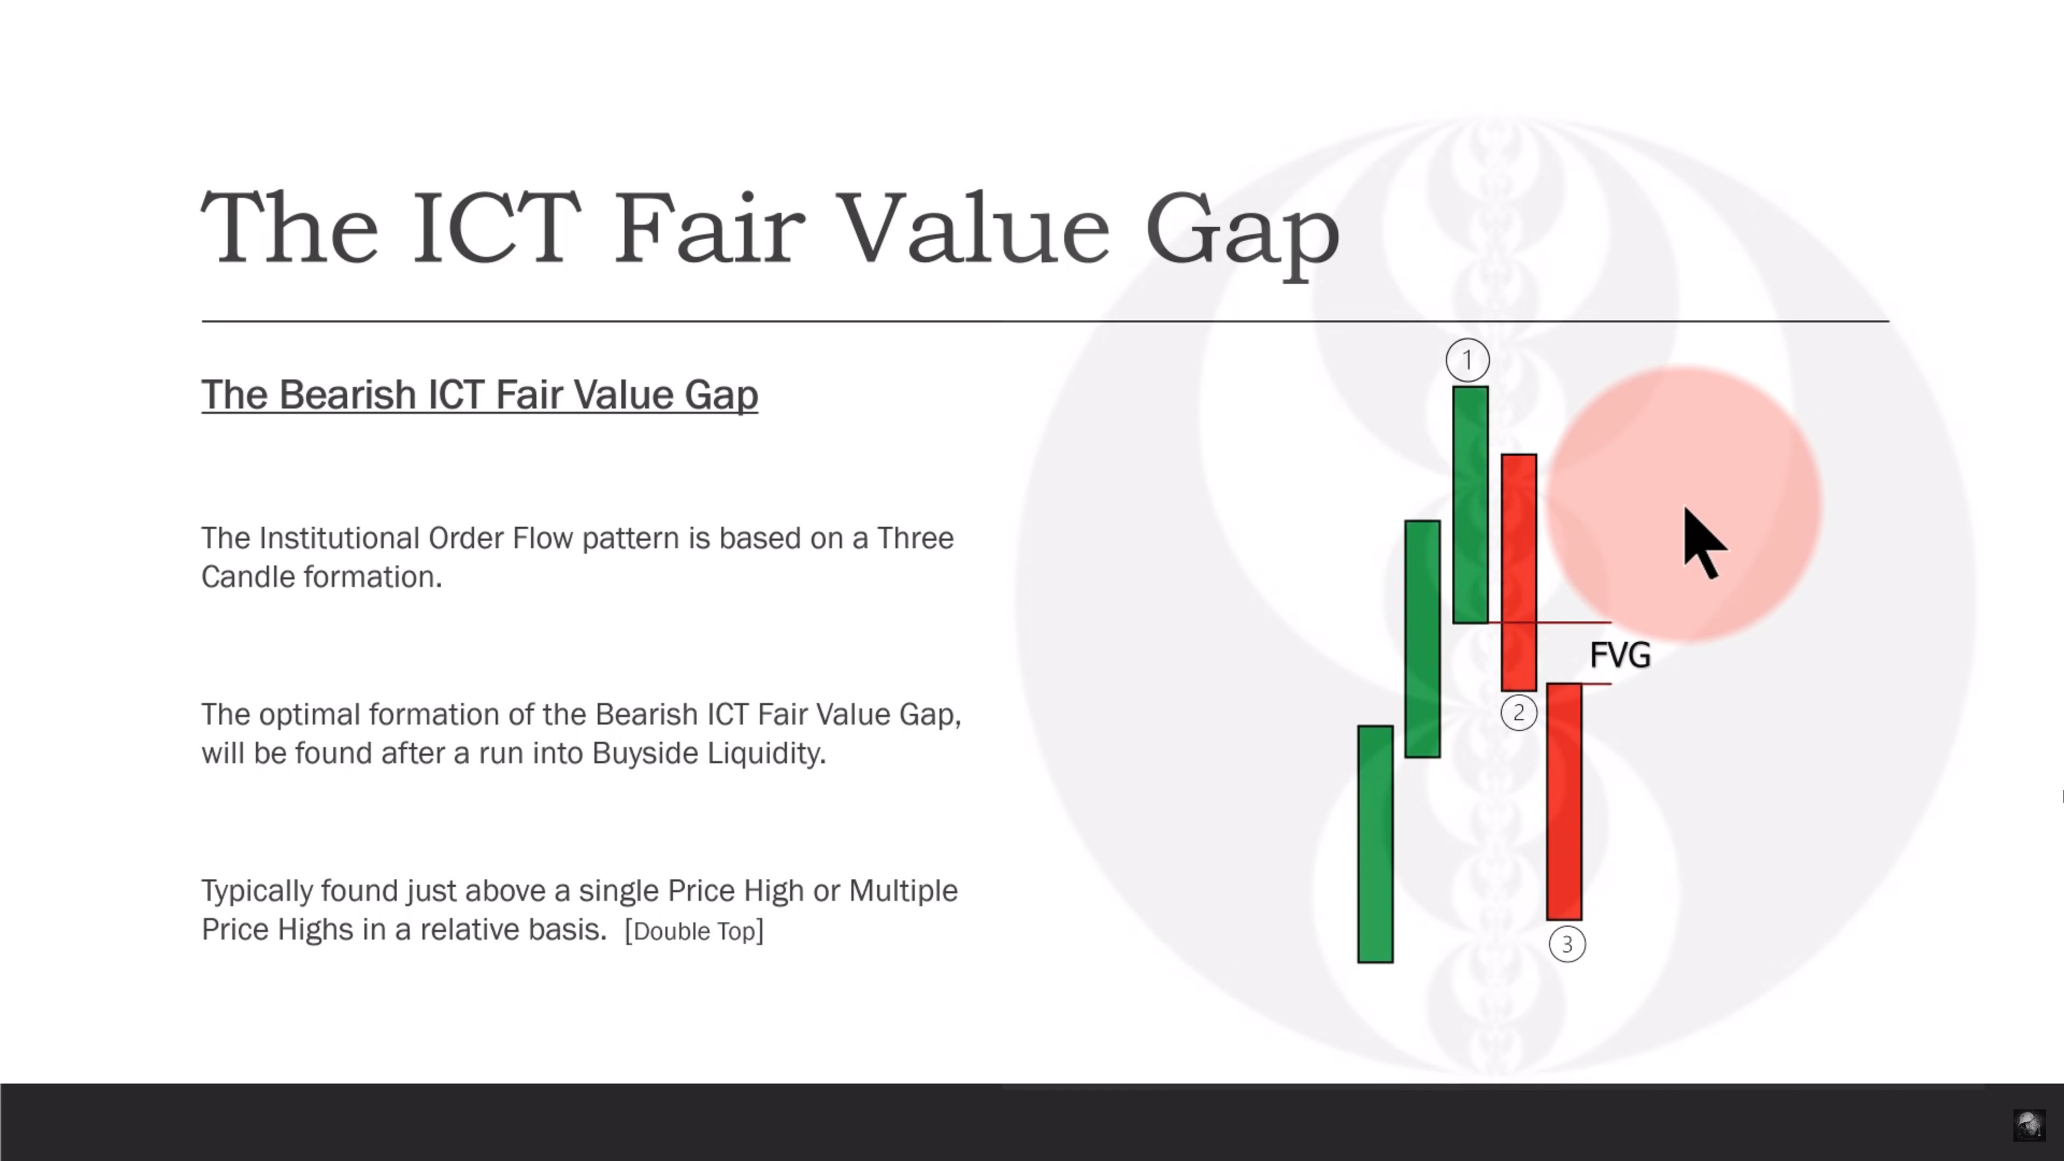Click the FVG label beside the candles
pyautogui.click(x=1620, y=655)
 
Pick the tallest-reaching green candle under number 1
pyautogui.click(x=1470, y=505)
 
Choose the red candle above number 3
pyautogui.click(x=1564, y=801)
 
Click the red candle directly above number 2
pyautogui.click(x=1518, y=572)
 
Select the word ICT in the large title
pyautogui.click(x=496, y=227)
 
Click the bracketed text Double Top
pyautogui.click(x=694, y=931)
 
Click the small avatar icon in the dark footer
pyautogui.click(x=2029, y=1125)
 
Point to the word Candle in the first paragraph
pyautogui.click(x=248, y=577)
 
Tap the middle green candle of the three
pyautogui.click(x=1423, y=639)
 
